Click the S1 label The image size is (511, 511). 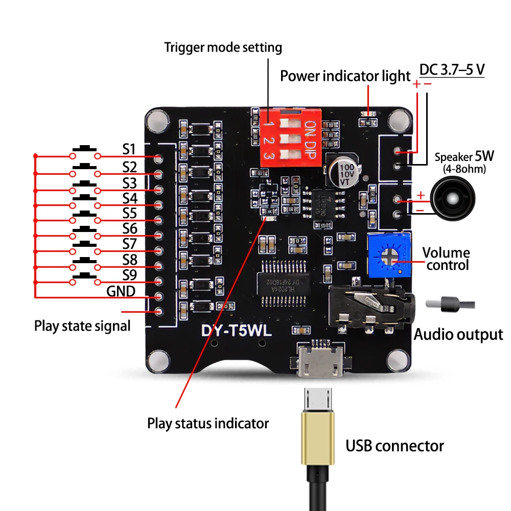129,149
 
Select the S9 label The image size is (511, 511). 129,275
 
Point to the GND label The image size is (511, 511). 121,291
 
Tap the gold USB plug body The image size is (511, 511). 317,439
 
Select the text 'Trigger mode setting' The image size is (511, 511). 223,48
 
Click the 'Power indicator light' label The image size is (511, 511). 345,76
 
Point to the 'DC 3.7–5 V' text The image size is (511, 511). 452,69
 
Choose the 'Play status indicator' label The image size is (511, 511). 208,424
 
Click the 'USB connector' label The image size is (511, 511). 394,446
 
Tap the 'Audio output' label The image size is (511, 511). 458,335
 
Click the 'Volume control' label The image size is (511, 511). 446,259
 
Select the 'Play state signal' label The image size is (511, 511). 82,326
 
